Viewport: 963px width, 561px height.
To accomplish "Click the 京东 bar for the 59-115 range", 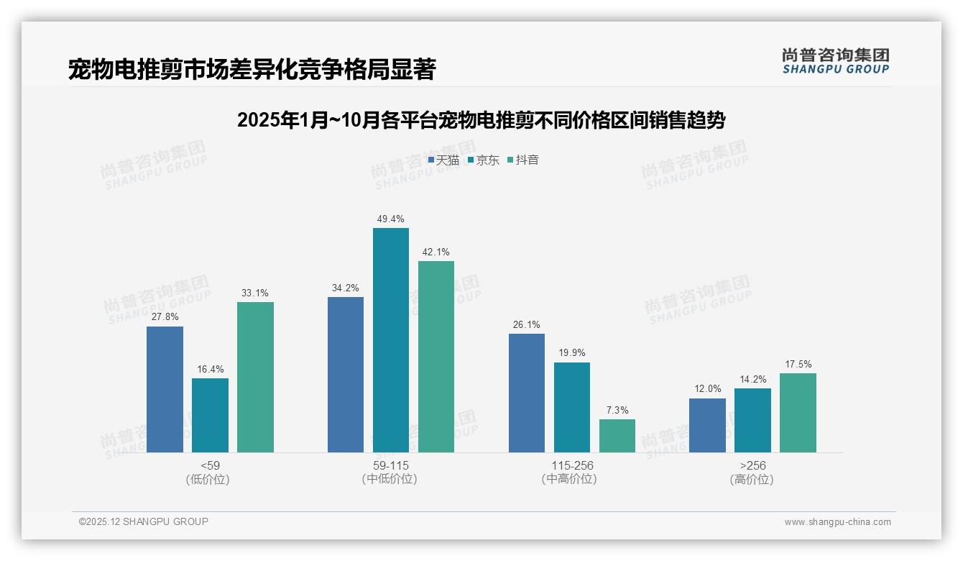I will (390, 340).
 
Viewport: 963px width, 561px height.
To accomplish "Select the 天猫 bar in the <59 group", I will (165, 389).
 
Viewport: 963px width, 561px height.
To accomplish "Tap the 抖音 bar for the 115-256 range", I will (617, 436).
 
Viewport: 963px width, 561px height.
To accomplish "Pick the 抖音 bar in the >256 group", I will (798, 413).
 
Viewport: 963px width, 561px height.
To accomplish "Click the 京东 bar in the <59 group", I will (210, 415).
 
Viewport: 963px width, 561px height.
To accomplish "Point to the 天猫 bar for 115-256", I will (527, 393).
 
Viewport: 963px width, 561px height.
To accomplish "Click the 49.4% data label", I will (390, 219).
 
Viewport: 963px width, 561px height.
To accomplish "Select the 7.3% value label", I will (617, 410).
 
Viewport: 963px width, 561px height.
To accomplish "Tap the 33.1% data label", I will (255, 293).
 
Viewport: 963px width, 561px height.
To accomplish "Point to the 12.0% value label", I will (707, 389).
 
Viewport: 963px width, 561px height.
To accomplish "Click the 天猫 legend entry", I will (443, 160).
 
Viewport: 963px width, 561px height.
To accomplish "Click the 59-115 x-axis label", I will (390, 465).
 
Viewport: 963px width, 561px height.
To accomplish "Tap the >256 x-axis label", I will (752, 465).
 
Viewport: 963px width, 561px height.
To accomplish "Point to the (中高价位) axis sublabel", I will (571, 479).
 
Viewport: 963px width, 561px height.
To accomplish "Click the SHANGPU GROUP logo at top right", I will (836, 60).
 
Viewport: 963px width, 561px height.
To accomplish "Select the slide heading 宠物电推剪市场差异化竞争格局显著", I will (252, 69).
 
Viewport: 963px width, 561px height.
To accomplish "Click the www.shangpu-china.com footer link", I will (837, 522).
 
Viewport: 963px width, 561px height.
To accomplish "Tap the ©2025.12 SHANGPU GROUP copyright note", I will (144, 521).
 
